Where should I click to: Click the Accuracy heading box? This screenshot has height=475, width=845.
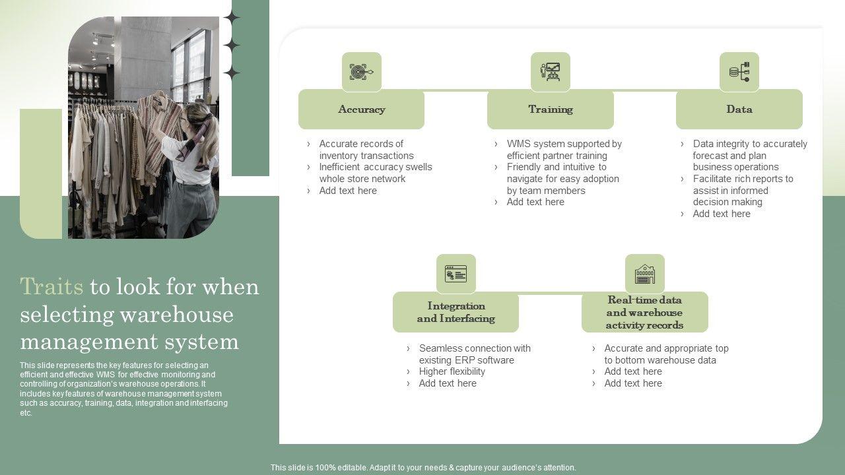[361, 110]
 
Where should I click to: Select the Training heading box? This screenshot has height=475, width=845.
[551, 110]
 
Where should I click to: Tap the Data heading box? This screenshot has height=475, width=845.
[739, 110]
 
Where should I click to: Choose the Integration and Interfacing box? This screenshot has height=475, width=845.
[456, 312]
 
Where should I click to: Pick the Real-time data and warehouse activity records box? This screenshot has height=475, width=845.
[645, 312]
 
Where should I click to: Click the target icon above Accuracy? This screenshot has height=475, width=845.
[361, 72]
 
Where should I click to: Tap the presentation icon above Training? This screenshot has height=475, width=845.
[551, 72]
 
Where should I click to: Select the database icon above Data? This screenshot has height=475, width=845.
[739, 72]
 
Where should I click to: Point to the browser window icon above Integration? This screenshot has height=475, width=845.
[456, 274]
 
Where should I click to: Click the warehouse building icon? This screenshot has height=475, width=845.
[645, 274]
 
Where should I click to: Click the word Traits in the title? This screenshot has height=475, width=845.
[51, 286]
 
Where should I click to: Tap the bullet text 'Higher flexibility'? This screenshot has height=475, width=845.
[452, 371]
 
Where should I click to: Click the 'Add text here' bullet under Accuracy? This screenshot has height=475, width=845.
[348, 191]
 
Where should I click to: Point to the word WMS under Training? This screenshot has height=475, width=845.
[519, 144]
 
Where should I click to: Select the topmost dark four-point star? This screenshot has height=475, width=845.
[232, 17]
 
